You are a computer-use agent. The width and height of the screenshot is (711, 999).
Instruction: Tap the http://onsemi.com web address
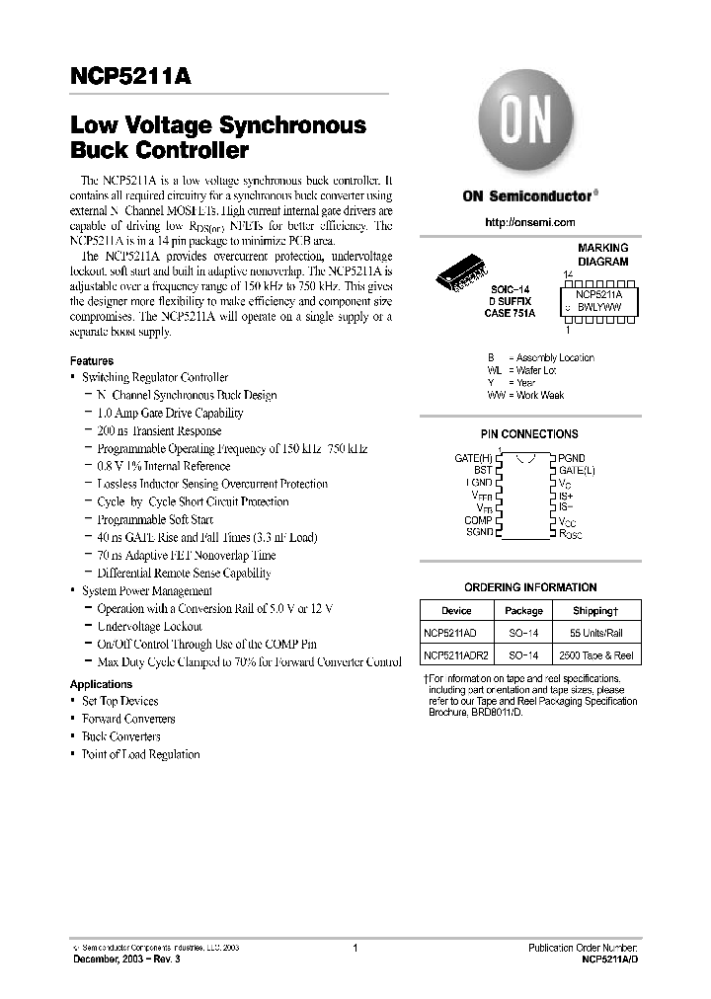(x=530, y=223)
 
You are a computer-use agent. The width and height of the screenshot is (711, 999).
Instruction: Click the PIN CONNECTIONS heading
(x=529, y=433)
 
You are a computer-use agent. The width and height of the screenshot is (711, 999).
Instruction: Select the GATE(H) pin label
(x=473, y=458)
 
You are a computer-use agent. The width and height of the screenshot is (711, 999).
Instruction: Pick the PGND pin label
(x=572, y=458)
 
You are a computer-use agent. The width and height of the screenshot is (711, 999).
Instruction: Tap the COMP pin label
(x=478, y=520)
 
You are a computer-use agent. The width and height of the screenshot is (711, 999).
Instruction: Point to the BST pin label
(x=482, y=471)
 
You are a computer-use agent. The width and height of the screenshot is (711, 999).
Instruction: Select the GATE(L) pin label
(x=577, y=471)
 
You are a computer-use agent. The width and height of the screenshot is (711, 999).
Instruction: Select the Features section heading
(x=92, y=361)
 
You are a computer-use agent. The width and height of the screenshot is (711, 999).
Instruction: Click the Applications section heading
(x=101, y=684)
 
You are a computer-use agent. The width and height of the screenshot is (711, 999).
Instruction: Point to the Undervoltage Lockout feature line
(x=149, y=626)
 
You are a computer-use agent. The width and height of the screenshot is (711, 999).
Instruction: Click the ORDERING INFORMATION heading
(x=529, y=587)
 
